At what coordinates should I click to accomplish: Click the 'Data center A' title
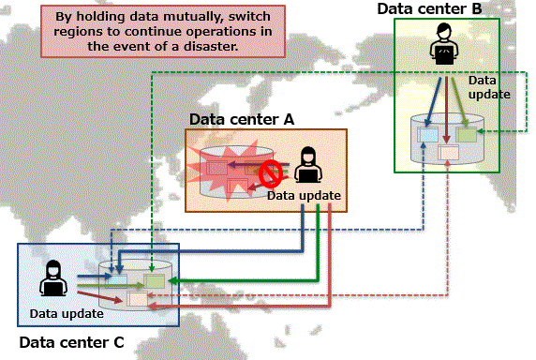[x=242, y=120]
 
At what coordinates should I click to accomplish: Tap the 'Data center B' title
[x=429, y=8]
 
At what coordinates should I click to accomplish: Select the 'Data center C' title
[x=71, y=342]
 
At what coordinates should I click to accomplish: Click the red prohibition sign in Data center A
[x=271, y=173]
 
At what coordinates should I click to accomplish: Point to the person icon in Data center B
[x=444, y=44]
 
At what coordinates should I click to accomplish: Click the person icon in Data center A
[x=308, y=165]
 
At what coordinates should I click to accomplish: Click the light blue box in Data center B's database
[x=427, y=134]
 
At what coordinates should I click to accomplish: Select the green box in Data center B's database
[x=467, y=134]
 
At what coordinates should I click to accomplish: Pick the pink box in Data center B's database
[x=449, y=153]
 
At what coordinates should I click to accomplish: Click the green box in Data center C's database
[x=155, y=281]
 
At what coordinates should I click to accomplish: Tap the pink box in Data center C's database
[x=138, y=299]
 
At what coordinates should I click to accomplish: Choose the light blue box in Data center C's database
[x=116, y=280]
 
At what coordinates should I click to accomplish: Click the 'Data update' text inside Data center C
[x=67, y=313]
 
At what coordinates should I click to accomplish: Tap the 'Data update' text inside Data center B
[x=489, y=87]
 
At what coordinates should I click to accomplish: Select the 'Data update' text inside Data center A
[x=304, y=196]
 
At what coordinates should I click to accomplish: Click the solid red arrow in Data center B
[x=446, y=110]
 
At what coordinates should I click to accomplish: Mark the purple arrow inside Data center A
[x=259, y=164]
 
